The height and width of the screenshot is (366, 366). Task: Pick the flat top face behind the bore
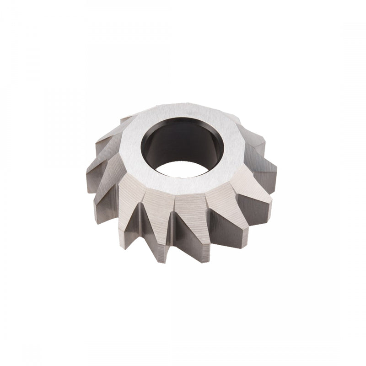pyautogui.click(x=183, y=112)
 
